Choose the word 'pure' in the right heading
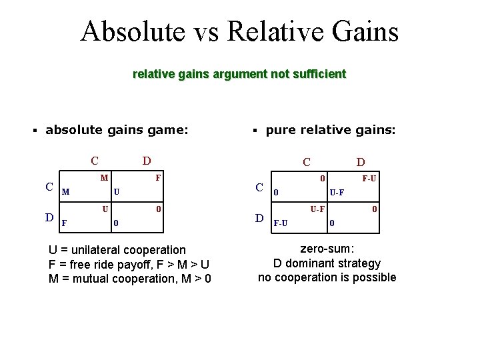(280, 131)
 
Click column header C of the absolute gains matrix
(95, 161)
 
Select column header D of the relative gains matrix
(360, 162)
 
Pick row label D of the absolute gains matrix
(49, 217)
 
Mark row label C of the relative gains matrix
(261, 187)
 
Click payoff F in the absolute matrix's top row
(157, 178)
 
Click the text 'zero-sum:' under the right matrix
(327, 249)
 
